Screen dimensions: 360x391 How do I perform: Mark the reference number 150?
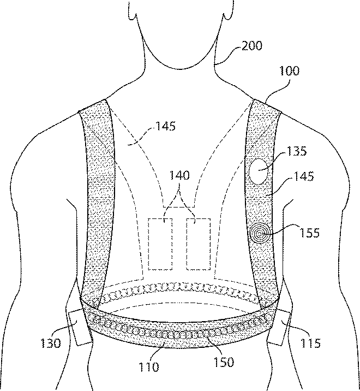(223, 363)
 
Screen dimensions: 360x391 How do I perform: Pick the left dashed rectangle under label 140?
(159, 244)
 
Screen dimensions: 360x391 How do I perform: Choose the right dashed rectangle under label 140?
(198, 244)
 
